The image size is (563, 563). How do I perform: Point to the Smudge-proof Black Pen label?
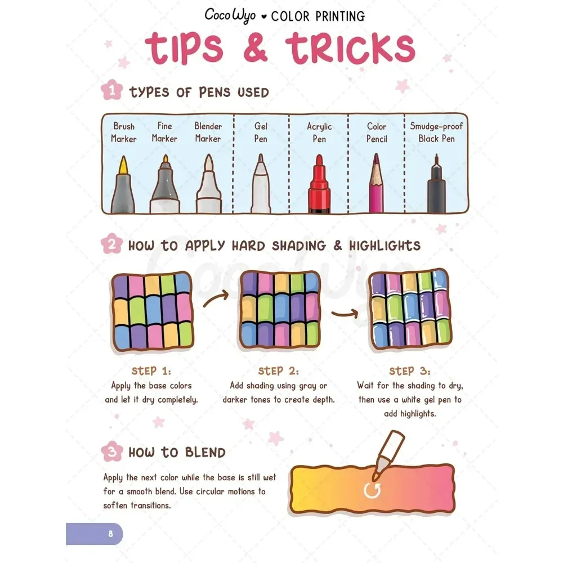pyautogui.click(x=436, y=132)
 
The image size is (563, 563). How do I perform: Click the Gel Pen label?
pyautogui.click(x=260, y=132)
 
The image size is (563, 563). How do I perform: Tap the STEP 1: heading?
pyautogui.click(x=151, y=371)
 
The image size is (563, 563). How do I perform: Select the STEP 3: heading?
pyautogui.click(x=409, y=371)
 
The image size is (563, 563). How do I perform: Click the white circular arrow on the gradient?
pyautogui.click(x=372, y=489)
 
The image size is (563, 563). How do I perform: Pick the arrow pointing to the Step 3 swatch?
pyautogui.click(x=346, y=313)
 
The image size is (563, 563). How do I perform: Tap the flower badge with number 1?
pyautogui.click(x=111, y=91)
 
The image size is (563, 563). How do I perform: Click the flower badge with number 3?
pyautogui.click(x=111, y=452)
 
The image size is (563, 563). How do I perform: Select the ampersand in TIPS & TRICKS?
pyautogui.click(x=256, y=49)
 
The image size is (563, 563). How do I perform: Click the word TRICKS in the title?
pyautogui.click(x=350, y=49)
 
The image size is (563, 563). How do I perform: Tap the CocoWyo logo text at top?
pyautogui.click(x=230, y=15)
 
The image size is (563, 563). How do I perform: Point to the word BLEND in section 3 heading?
pyautogui.click(x=203, y=453)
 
